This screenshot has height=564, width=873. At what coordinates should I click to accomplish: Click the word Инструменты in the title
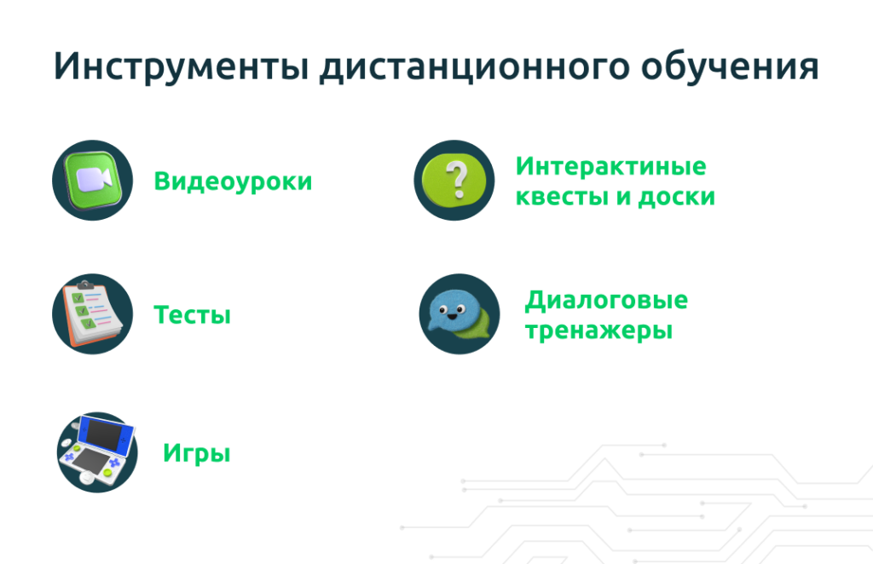181,66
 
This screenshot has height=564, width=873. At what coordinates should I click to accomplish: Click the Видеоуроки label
233,181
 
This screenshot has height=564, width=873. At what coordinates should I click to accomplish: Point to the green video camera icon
92,180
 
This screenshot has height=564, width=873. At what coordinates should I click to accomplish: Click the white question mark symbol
458,179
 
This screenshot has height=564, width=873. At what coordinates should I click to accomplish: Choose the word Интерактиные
610,166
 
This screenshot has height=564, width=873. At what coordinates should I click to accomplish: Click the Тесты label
192,315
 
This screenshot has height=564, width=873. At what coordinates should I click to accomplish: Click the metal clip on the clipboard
85,285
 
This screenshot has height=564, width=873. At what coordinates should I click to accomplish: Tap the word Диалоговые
606,301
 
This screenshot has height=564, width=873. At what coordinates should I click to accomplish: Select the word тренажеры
599,331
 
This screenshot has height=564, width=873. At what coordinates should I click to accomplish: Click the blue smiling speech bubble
454,310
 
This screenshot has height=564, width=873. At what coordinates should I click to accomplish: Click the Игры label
197,452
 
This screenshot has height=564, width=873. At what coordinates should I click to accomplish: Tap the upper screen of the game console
106,433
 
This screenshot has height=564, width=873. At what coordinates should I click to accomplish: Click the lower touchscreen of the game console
90,461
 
